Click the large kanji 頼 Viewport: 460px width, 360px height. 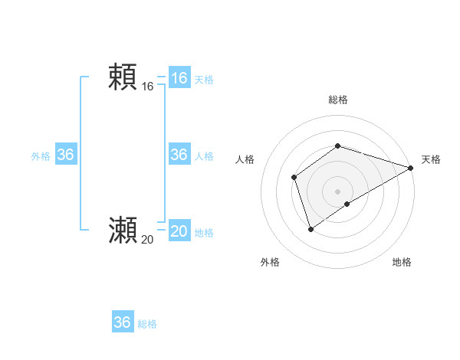(123, 77)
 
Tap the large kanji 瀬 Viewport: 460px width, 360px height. (123, 230)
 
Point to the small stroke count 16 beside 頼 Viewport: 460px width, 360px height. (147, 87)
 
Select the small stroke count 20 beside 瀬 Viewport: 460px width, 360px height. (147, 240)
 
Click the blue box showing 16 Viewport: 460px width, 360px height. (179, 78)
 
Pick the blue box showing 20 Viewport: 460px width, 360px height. (179, 231)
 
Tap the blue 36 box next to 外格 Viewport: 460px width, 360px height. (65, 155)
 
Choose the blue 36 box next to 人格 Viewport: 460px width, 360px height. (179, 155)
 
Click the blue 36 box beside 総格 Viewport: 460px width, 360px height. (122, 322)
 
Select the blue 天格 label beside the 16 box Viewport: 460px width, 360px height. (204, 79)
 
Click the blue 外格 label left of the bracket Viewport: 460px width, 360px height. (41, 155)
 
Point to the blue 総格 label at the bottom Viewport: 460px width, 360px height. (147, 324)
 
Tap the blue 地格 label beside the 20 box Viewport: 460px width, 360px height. (204, 232)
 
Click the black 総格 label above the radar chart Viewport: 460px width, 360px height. (337, 100)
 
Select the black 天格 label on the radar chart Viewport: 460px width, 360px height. (431, 159)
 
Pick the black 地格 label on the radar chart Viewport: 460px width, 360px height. (402, 262)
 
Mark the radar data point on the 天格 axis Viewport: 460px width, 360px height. (410, 168)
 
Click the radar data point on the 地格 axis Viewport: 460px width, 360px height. (347, 204)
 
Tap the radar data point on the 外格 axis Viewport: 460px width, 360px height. (310, 228)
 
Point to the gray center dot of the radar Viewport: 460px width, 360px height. (337, 191)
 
